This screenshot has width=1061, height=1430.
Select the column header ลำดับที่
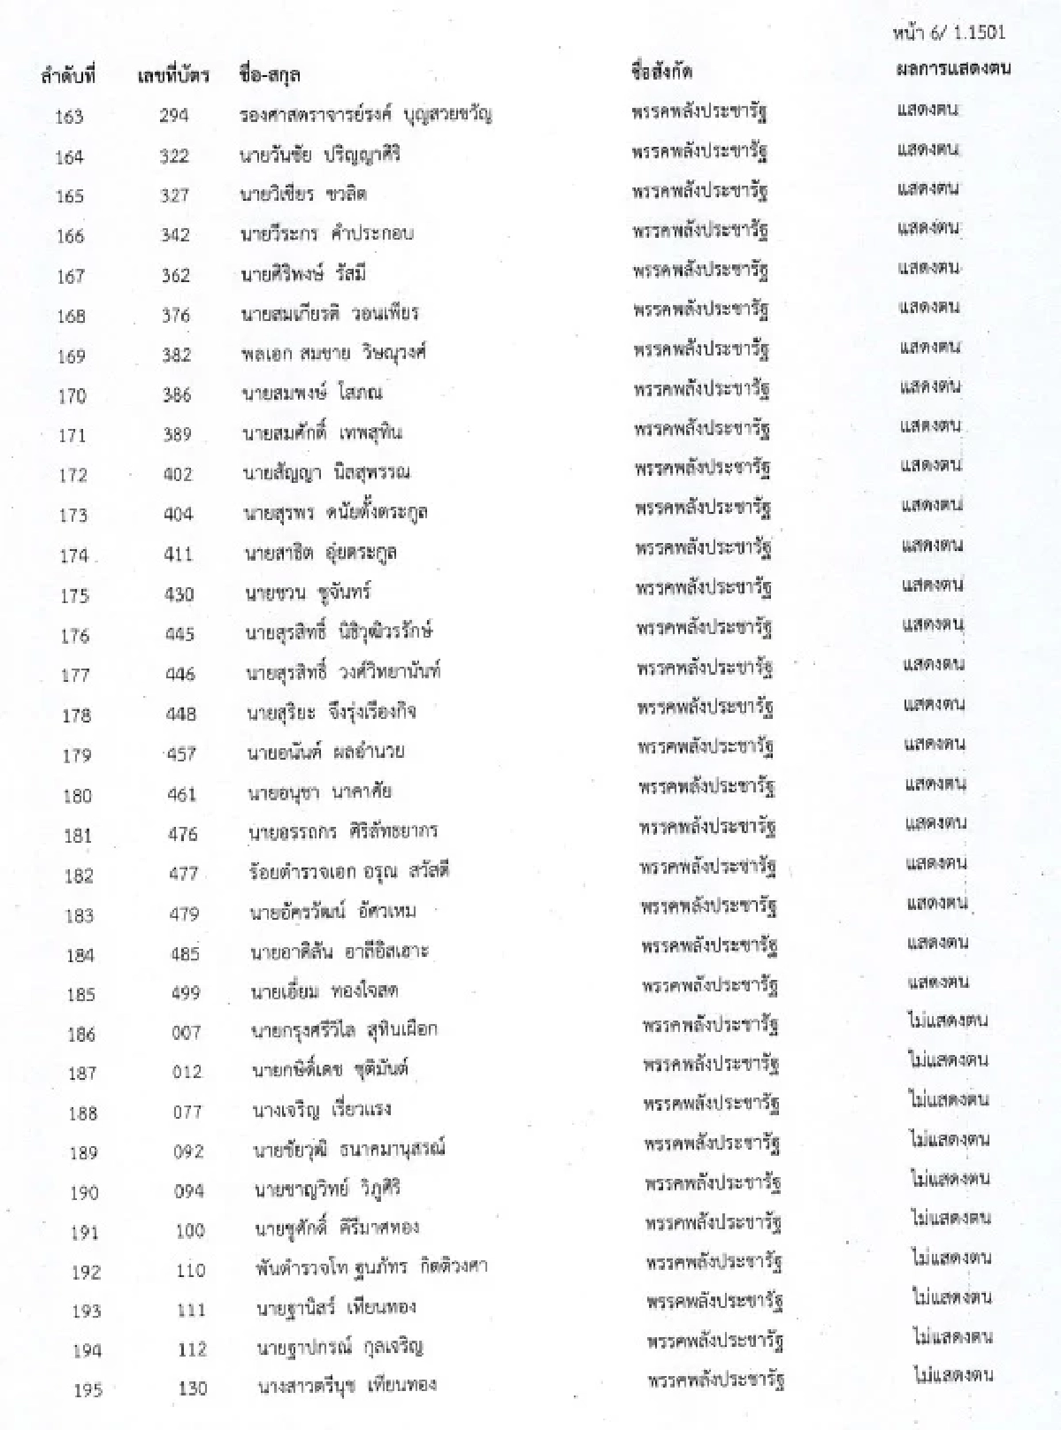click(x=68, y=77)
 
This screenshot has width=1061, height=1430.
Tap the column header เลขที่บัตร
click(x=173, y=76)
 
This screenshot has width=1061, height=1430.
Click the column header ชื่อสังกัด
click(x=662, y=72)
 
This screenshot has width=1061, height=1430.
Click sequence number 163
click(x=69, y=117)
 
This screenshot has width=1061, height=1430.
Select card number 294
click(x=173, y=116)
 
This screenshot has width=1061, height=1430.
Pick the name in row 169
click(x=333, y=353)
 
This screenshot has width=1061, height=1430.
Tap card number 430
click(x=179, y=594)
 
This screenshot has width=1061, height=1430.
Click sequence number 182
click(x=79, y=876)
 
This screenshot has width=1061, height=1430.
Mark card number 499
click(x=186, y=992)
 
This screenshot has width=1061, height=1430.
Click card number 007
click(x=186, y=1032)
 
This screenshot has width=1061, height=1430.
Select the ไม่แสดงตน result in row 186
click(x=948, y=1021)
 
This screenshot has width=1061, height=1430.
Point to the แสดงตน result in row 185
click(x=938, y=982)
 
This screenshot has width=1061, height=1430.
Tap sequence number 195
click(x=88, y=1390)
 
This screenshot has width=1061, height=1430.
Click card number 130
click(x=192, y=1388)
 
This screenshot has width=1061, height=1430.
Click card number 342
click(x=175, y=235)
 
